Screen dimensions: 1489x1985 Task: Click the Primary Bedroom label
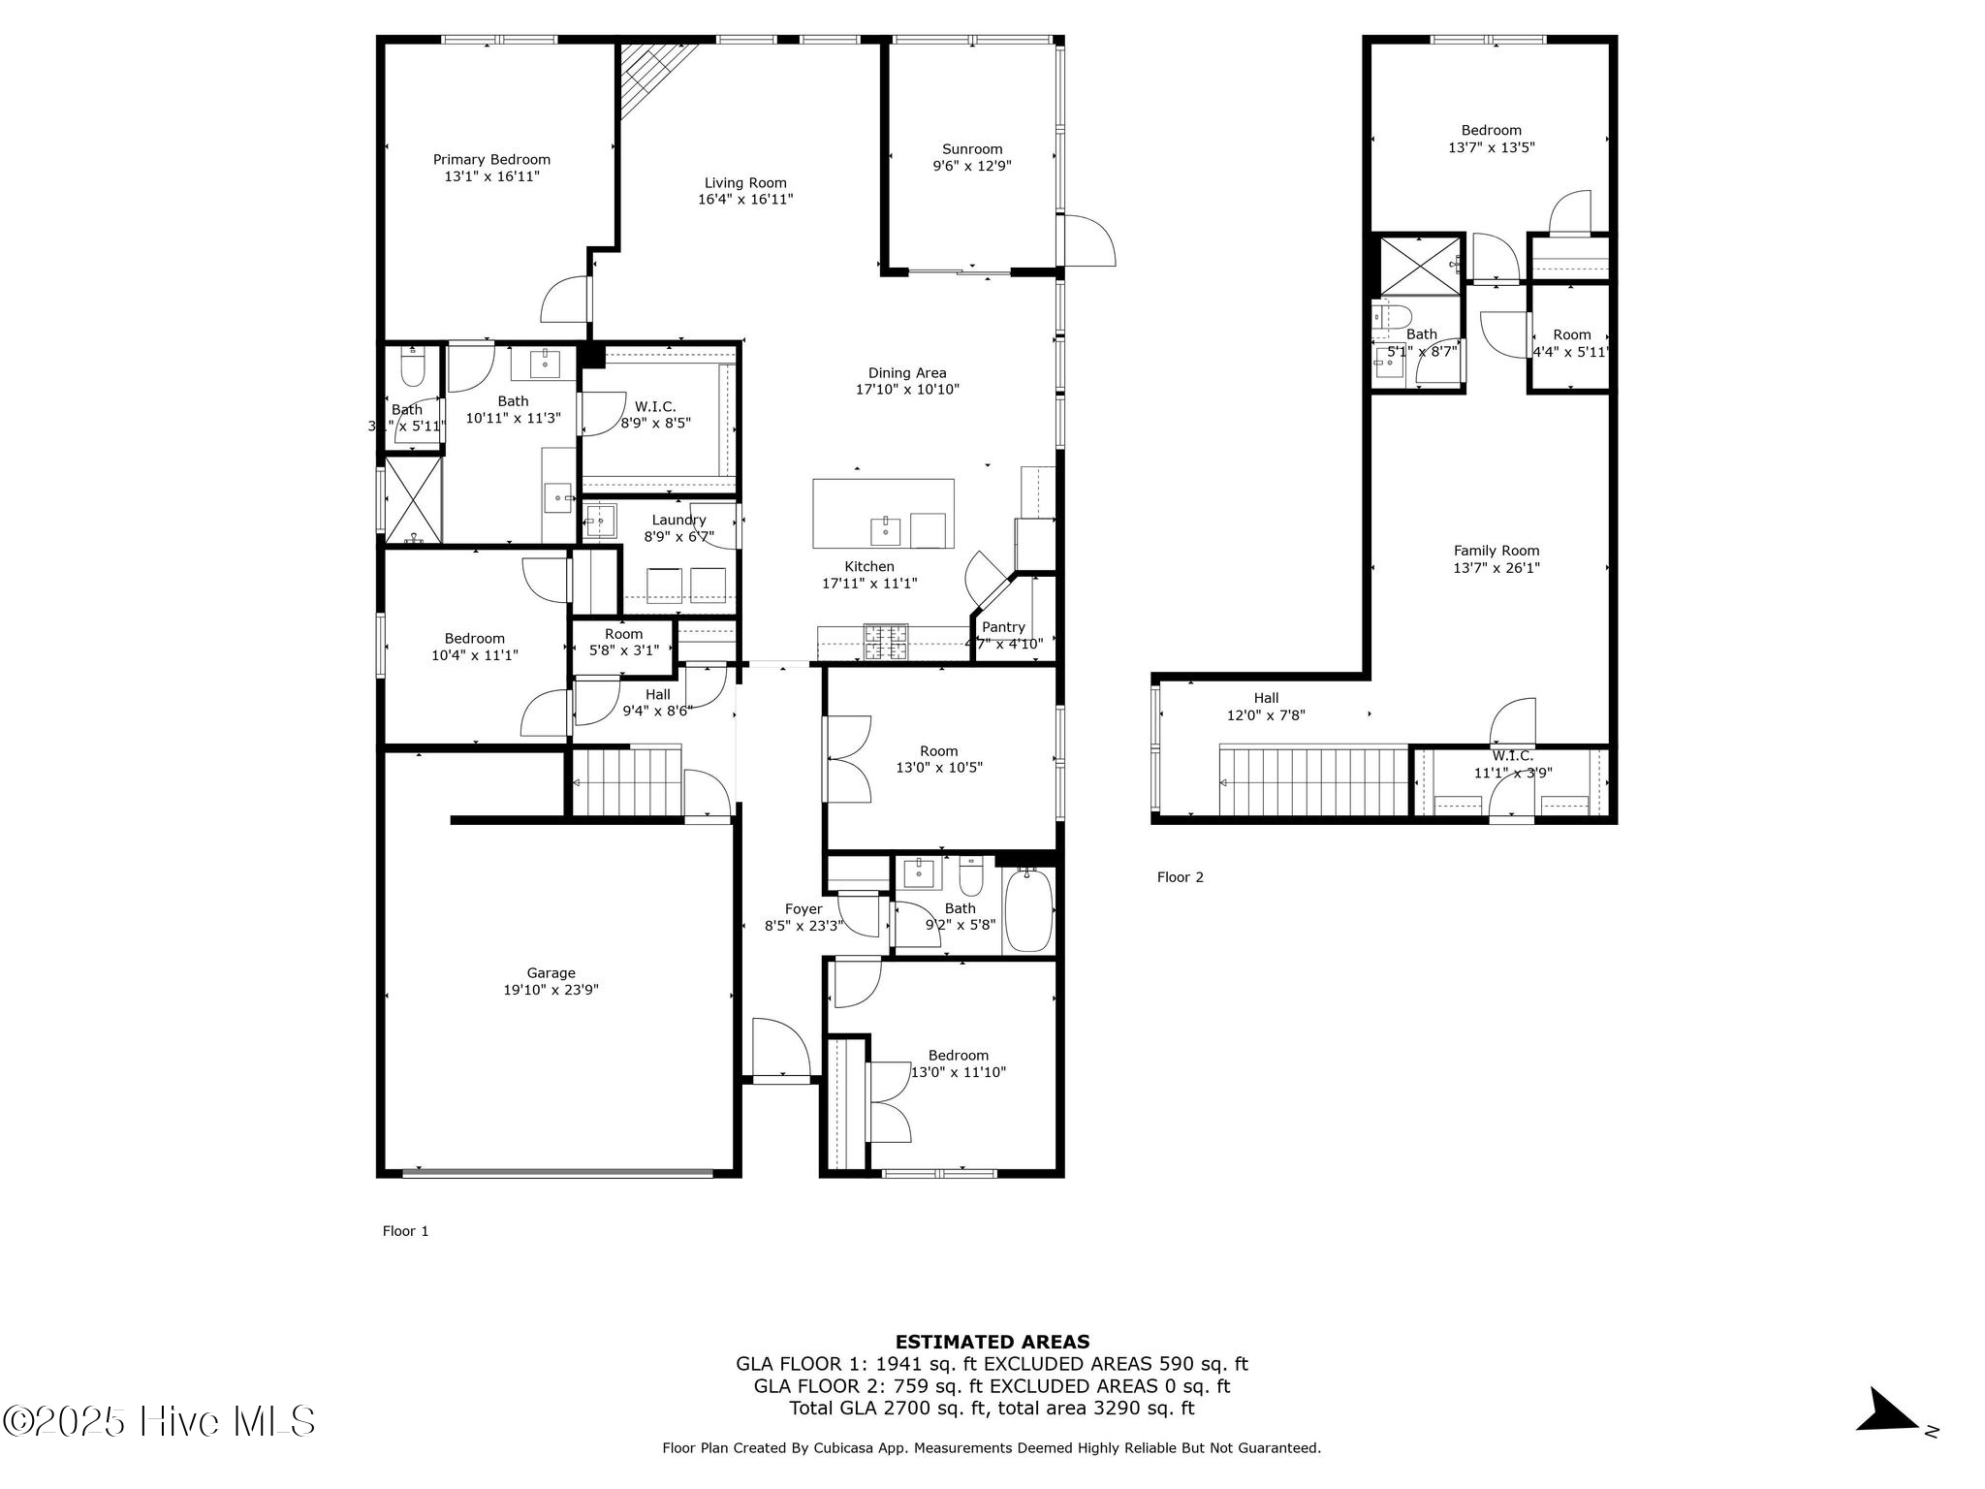tap(491, 160)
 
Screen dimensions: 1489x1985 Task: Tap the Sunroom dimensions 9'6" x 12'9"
tap(972, 166)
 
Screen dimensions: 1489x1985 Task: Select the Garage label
tap(551, 973)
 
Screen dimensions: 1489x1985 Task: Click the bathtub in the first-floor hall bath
tap(1028, 912)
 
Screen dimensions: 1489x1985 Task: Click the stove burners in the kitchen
tap(886, 642)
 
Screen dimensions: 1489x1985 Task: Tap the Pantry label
tap(1003, 627)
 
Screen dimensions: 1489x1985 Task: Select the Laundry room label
tap(678, 521)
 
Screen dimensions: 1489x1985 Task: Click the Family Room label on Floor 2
tap(1496, 551)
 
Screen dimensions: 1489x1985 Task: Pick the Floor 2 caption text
tap(1180, 877)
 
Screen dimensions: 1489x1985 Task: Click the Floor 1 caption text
tap(405, 1231)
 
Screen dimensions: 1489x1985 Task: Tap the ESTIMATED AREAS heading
tap(992, 1342)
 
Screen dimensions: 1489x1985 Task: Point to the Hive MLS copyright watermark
tap(159, 1422)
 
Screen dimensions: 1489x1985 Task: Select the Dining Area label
tap(906, 373)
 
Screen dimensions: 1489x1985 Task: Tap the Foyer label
tap(803, 909)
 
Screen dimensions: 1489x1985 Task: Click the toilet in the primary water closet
tap(413, 368)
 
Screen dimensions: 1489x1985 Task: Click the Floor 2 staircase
tap(1313, 781)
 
